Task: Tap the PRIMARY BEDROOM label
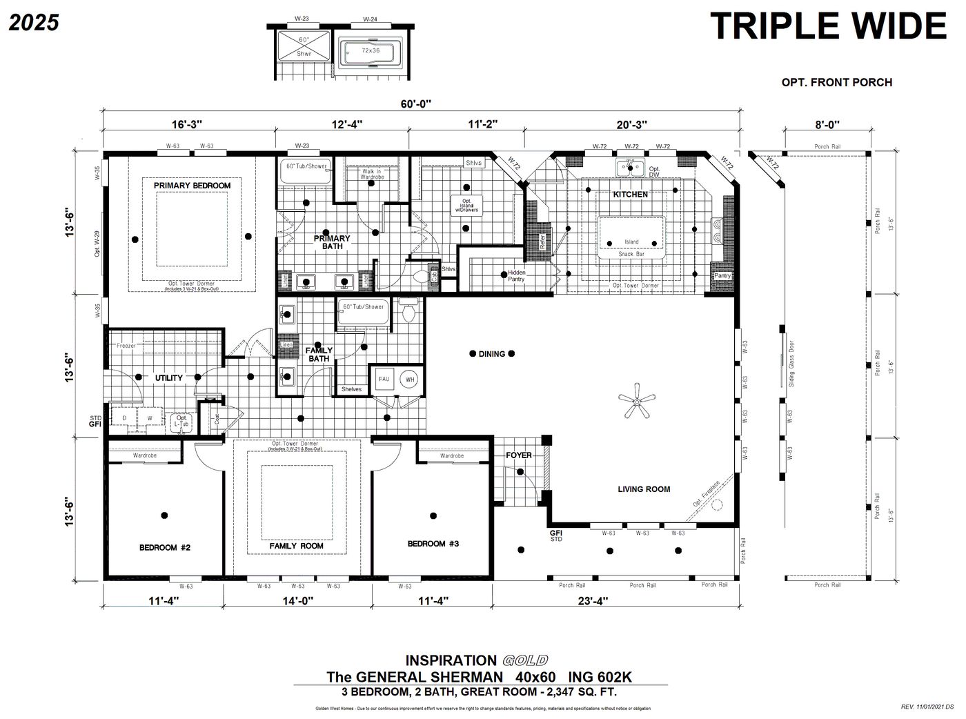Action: (x=192, y=186)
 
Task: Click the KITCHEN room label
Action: (x=631, y=195)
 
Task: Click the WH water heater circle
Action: (x=410, y=380)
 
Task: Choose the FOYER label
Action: (x=519, y=455)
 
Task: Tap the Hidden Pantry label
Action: (x=516, y=276)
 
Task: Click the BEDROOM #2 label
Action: (x=164, y=547)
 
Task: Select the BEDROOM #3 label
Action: (x=433, y=544)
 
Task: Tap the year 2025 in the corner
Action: (x=34, y=23)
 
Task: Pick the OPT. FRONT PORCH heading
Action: (x=836, y=82)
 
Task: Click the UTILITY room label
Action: (x=168, y=377)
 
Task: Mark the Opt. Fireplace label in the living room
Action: (x=707, y=494)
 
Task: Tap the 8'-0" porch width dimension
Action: (x=827, y=125)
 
